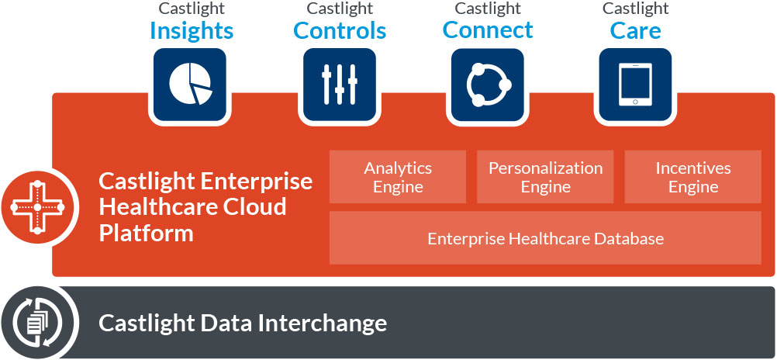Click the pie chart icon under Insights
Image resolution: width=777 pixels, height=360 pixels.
[x=190, y=85]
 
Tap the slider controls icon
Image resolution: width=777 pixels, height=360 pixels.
[x=340, y=85]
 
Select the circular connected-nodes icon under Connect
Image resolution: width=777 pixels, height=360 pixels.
[x=488, y=85]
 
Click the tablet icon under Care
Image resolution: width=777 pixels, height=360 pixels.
[x=635, y=85]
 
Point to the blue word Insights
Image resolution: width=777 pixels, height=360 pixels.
[x=192, y=31]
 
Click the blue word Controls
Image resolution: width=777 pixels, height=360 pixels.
[x=340, y=31]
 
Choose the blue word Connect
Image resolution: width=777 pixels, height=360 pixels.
[x=488, y=29]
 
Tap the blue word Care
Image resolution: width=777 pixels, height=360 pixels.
[x=635, y=31]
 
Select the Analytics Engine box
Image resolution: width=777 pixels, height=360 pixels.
[x=398, y=177]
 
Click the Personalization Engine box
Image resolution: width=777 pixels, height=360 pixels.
[x=545, y=177]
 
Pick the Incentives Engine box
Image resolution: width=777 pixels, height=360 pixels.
[x=692, y=177]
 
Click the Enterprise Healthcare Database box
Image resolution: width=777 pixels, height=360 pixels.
[x=545, y=238]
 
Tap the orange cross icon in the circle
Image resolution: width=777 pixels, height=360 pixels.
[x=37, y=207]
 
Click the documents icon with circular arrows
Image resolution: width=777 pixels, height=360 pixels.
[x=37, y=323]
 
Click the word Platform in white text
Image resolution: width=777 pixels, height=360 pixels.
[x=147, y=233]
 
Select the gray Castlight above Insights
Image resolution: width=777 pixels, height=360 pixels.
[x=192, y=9]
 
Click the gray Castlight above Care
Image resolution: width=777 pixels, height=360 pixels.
[x=635, y=9]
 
